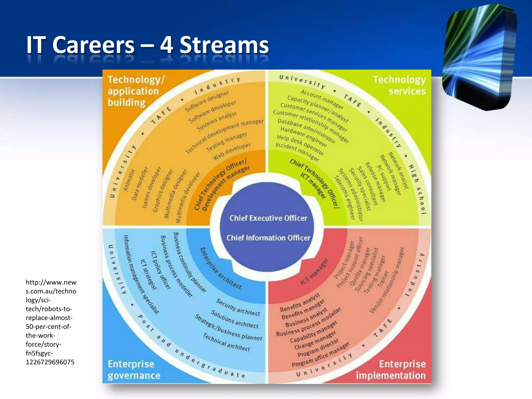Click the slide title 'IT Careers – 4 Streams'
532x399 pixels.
148,45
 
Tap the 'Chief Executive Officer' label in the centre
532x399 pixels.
268,218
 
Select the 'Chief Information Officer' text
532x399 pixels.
268,238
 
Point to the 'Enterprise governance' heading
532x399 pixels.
134,370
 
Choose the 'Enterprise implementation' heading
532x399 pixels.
391,370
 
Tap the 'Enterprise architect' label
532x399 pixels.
221,268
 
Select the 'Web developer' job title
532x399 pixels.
232,151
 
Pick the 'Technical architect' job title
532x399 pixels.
226,342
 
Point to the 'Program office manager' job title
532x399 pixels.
321,355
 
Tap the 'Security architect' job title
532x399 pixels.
238,307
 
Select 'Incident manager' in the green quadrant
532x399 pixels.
297,151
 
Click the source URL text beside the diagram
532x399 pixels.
51,322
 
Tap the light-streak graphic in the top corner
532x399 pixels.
479,57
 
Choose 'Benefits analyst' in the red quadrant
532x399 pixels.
300,302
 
